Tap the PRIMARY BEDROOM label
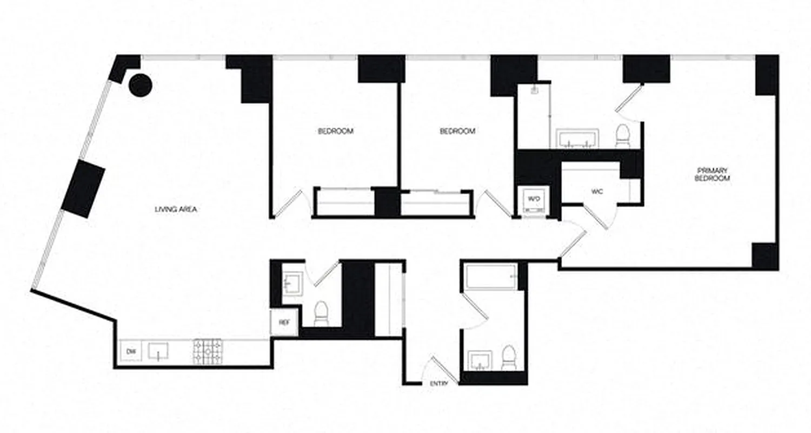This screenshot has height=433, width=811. pyautogui.click(x=713, y=174)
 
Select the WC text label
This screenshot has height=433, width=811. pyautogui.click(x=596, y=191)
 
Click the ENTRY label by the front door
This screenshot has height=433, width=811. pyautogui.click(x=438, y=384)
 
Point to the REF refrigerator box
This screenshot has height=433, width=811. pyautogui.click(x=284, y=323)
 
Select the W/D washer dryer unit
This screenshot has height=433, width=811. pyautogui.click(x=534, y=199)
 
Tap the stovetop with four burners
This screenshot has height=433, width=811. pyautogui.click(x=208, y=351)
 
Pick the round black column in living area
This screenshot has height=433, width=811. pyautogui.click(x=140, y=85)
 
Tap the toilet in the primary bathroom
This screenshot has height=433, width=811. pyautogui.click(x=623, y=136)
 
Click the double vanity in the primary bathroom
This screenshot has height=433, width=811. pyautogui.click(x=577, y=139)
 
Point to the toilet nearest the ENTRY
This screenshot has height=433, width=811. pyautogui.click(x=508, y=358)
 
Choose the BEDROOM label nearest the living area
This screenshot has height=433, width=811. pyautogui.click(x=335, y=131)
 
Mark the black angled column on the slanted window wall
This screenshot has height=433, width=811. pyautogui.click(x=83, y=188)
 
